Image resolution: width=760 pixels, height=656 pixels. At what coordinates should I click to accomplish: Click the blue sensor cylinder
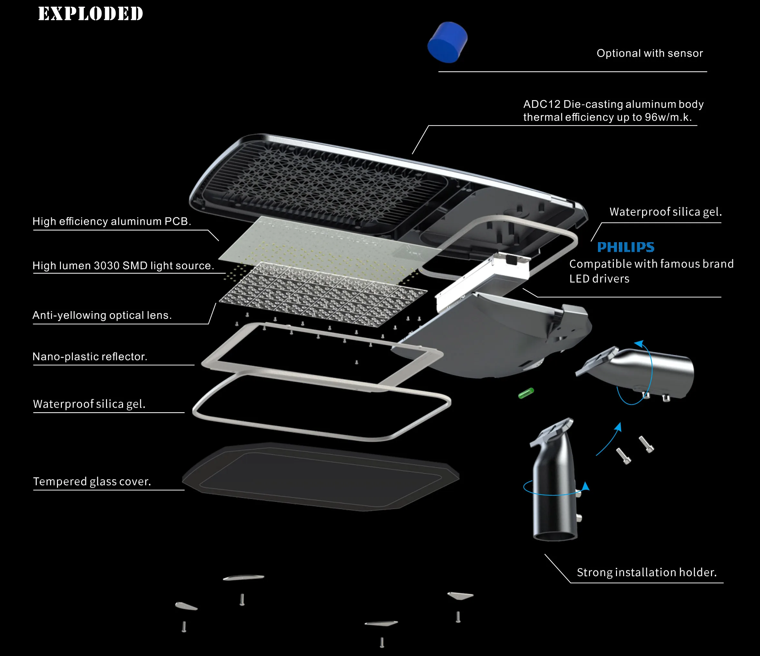point(447,42)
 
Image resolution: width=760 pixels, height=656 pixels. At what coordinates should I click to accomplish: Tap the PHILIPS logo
point(625,247)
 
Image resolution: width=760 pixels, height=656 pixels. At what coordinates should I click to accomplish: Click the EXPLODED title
point(91,14)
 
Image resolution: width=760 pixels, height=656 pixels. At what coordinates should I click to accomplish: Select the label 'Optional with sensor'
point(649,53)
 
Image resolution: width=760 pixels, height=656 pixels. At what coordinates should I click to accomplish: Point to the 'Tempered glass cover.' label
point(92,481)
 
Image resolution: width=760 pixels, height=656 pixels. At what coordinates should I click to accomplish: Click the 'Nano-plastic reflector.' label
point(90,357)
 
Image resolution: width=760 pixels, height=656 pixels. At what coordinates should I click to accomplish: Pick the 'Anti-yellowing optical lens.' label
point(102,315)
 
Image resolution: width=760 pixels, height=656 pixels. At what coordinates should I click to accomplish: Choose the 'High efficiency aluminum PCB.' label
point(111,221)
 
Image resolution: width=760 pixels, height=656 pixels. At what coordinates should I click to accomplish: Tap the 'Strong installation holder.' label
point(647,572)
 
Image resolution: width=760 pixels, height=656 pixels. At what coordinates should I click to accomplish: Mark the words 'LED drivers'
point(599,279)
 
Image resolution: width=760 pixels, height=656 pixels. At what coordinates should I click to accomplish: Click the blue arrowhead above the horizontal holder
point(639,344)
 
